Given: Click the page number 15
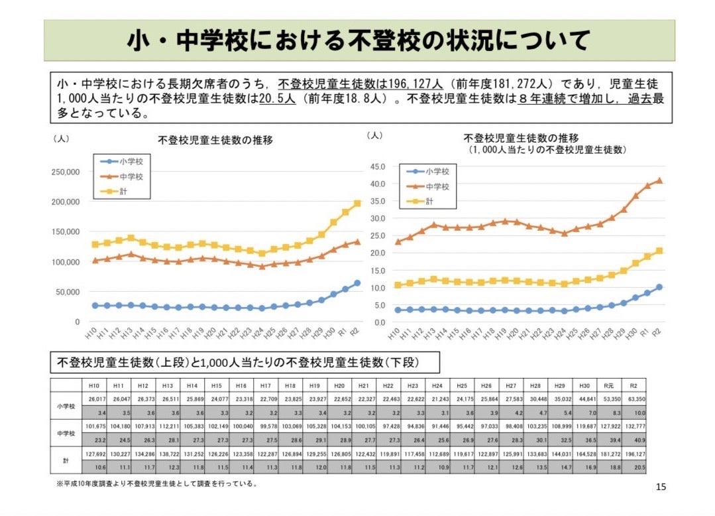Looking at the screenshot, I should coord(661,487).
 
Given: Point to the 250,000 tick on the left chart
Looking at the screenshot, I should coord(66,172).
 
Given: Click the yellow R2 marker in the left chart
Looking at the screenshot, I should coord(357,203).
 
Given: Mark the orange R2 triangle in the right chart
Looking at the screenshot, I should coord(659,180).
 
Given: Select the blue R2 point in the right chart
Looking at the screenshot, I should coord(659,287).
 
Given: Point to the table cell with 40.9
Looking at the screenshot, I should coord(635,440).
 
